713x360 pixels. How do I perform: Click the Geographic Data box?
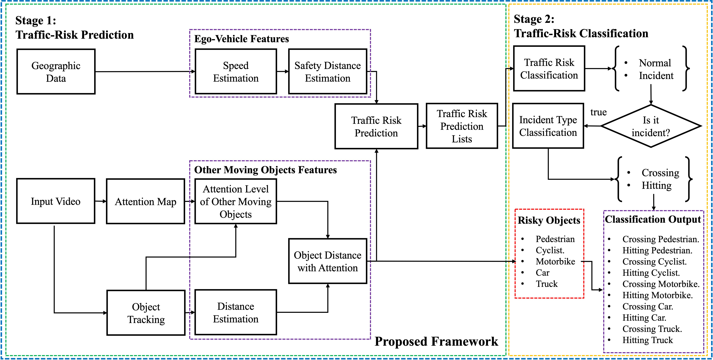point(56,72)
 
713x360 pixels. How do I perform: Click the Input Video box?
point(56,201)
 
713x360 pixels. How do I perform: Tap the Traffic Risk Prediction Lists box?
point(462,126)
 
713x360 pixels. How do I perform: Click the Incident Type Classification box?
point(548,126)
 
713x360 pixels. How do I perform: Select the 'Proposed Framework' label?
point(436,341)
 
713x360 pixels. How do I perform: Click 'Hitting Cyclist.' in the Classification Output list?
point(651,273)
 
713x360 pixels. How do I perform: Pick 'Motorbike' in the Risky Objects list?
point(555,262)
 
